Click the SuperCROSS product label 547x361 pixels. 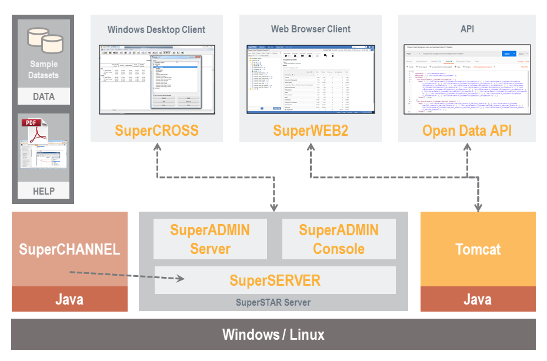coord(156,130)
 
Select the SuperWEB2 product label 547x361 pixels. coord(311,130)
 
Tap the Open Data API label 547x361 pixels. coord(467,130)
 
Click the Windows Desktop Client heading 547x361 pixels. coord(156,29)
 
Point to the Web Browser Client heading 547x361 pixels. coord(311,29)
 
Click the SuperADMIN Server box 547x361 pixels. coord(210,239)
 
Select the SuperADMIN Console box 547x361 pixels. coord(339,239)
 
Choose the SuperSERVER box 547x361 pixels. coord(275,280)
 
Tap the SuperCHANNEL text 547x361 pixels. coord(69,249)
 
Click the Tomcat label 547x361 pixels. coord(478,249)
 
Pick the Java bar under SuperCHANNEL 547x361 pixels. coord(69,299)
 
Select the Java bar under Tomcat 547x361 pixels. coord(478,299)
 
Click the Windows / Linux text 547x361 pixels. coord(273,335)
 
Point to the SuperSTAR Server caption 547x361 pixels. coord(273,302)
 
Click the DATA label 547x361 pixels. coord(44,97)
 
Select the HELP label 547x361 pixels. coord(44,191)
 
